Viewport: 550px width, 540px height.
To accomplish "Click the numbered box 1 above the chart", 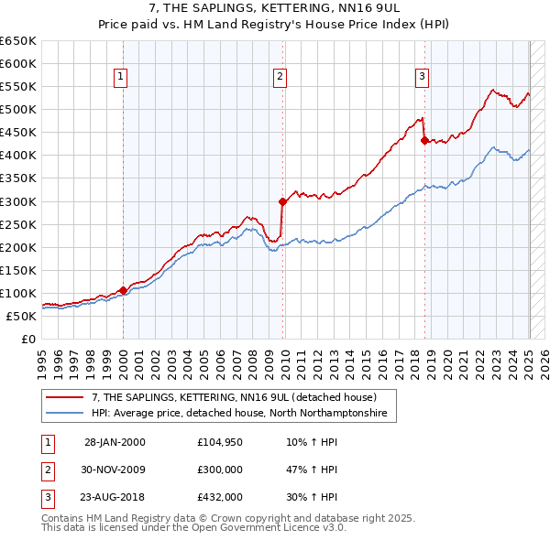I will [121, 78].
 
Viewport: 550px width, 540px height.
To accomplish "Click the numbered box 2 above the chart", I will [280, 78].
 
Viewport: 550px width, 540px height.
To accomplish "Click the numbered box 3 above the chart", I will [422, 78].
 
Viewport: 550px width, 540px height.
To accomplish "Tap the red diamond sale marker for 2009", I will [282, 201].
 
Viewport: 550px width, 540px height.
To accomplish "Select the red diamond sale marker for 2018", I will [424, 140].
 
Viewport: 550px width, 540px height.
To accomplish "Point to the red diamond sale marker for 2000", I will [123, 290].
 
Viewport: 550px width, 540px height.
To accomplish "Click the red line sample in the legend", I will [66, 398].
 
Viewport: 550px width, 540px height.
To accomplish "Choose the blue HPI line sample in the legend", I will [66, 414].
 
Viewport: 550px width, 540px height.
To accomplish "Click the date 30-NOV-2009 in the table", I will [115, 470].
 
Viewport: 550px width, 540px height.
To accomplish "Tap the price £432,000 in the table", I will [220, 497].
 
